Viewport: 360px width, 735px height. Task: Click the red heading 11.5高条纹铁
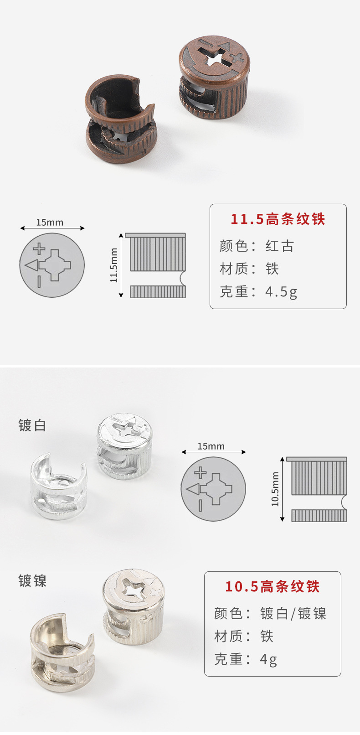tap(278, 219)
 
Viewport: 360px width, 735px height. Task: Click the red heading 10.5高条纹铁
tap(272, 586)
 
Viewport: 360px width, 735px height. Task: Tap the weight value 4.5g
tap(281, 292)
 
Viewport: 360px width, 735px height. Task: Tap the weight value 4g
tap(268, 659)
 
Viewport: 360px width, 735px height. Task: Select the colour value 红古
tap(280, 246)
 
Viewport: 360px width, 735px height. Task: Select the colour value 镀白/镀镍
tap(293, 614)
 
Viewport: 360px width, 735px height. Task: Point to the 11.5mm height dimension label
tap(114, 265)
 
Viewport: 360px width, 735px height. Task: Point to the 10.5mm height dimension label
tap(275, 489)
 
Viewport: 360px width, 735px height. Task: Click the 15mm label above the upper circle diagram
tap(50, 223)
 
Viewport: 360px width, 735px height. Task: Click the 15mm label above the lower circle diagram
tap(211, 446)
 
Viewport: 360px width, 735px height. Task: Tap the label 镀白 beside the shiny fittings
tap(32, 425)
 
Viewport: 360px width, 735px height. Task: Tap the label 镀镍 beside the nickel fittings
tap(32, 581)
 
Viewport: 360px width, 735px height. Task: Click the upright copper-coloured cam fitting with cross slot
tap(215, 78)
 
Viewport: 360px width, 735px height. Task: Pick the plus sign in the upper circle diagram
tap(39, 249)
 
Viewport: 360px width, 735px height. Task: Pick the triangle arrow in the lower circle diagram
tap(193, 490)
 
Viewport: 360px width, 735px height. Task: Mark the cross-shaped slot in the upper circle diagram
tap(55, 265)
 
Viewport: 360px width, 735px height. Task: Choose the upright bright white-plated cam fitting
tap(124, 446)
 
